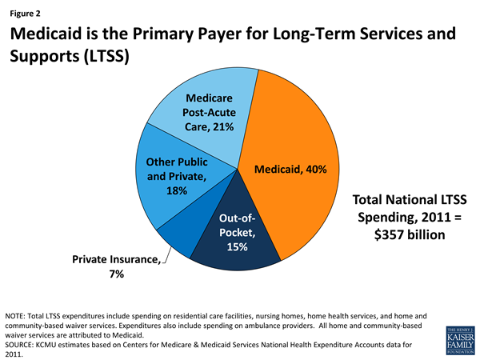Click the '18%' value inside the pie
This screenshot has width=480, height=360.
[177, 191]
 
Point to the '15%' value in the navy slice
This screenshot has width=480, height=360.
[237, 247]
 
